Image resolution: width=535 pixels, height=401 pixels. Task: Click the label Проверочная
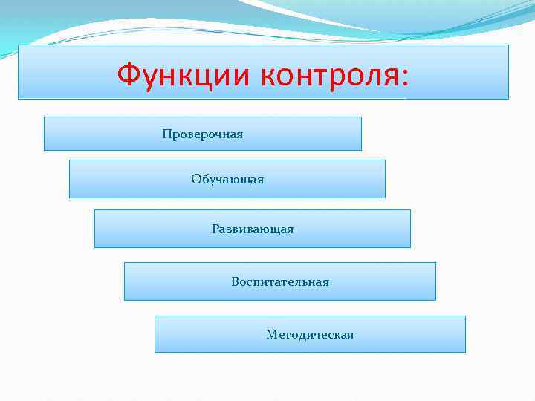pos(203,134)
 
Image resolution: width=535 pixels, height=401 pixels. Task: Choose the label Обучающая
pos(227,180)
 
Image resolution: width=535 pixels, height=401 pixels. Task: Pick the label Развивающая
pos(253,229)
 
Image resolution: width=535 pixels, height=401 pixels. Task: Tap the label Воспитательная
pos(280,282)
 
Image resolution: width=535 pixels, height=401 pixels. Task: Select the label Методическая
pos(310,335)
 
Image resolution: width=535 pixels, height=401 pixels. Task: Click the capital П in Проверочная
pos(166,134)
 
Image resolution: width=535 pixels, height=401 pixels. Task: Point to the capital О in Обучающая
pos(195,179)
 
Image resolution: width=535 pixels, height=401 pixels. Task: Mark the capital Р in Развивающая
pos(215,229)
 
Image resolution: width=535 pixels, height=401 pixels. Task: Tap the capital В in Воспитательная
pos(235,282)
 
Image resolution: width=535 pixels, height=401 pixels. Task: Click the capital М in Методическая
pos(271,335)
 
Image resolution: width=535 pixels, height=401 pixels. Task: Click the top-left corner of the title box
pos(19,45)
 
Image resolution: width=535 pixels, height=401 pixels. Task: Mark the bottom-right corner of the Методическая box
pos(465,352)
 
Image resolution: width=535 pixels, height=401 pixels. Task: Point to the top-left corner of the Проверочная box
pos(45,117)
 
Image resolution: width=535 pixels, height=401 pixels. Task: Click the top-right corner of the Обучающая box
pos(385,160)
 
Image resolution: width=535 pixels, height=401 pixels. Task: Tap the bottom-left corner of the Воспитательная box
pos(124,300)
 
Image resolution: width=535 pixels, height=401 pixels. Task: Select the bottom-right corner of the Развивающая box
pos(410,247)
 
